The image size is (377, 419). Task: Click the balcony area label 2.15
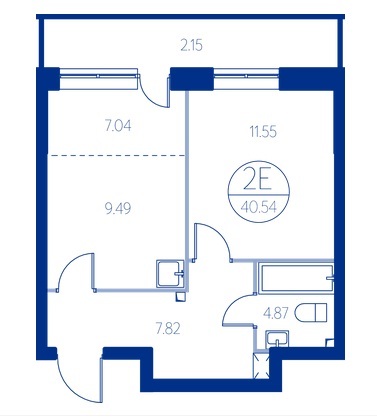tap(192, 45)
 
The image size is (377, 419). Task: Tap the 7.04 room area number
tap(118, 126)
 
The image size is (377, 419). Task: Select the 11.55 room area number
tap(263, 132)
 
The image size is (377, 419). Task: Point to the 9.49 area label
tap(118, 209)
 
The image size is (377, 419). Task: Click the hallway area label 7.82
tap(168, 329)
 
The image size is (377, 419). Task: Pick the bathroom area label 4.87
tap(276, 313)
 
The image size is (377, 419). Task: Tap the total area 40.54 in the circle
tap(259, 207)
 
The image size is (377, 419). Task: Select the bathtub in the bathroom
tap(296, 279)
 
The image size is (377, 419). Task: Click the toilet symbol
tap(311, 313)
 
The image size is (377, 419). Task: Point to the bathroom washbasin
tap(277, 339)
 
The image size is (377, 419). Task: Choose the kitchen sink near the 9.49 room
tap(170, 274)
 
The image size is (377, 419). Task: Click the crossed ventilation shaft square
tap(261, 365)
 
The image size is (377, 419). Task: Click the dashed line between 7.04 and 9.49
tap(117, 155)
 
